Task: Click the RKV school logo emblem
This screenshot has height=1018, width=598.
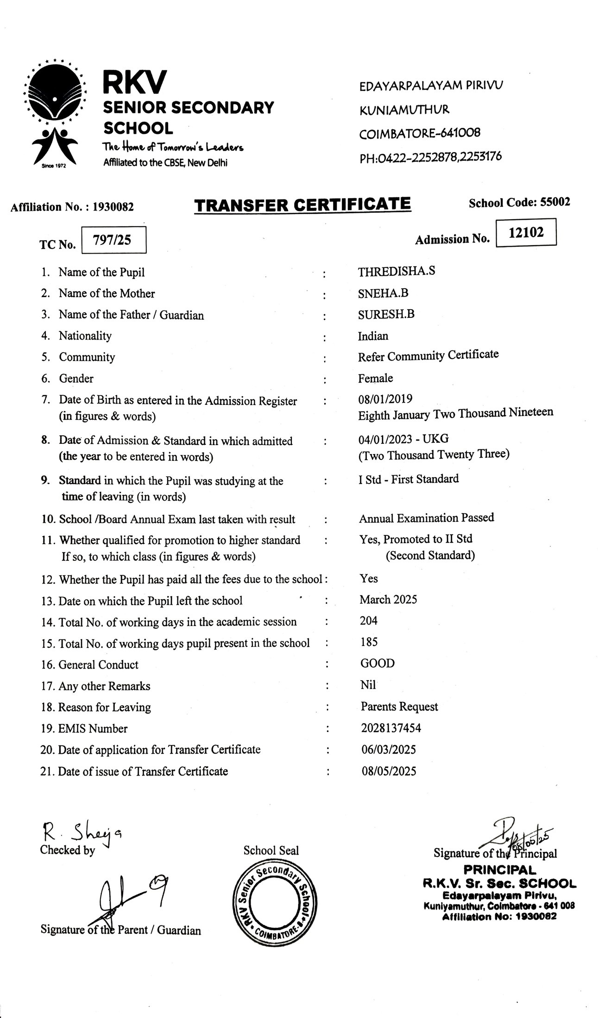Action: pos(55,113)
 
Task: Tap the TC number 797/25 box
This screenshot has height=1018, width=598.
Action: pos(113,240)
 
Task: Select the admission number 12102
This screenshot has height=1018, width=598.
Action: pos(526,232)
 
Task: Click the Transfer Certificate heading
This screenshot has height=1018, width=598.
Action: pos(302,205)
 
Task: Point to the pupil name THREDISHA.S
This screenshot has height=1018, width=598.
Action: pos(396,271)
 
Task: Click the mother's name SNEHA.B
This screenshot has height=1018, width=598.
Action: pos(383,293)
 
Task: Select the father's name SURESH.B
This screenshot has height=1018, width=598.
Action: pos(386,314)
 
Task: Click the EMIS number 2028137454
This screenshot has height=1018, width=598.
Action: pos(391,728)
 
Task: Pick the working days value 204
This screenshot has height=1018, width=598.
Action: pos(369,621)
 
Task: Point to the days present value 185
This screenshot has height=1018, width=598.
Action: pos(369,642)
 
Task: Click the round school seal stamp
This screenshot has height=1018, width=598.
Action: pos(275,901)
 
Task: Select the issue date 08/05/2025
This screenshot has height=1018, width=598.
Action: pos(389,771)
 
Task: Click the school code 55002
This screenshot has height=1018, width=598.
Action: pos(554,202)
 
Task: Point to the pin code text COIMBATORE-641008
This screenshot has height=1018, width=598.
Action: pos(420,134)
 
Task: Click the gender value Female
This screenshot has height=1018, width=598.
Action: pos(375,378)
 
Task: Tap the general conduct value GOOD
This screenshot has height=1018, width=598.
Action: pos(378,663)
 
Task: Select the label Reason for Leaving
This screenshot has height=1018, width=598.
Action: pos(105,707)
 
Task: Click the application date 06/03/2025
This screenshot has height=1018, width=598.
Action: pos(389,749)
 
